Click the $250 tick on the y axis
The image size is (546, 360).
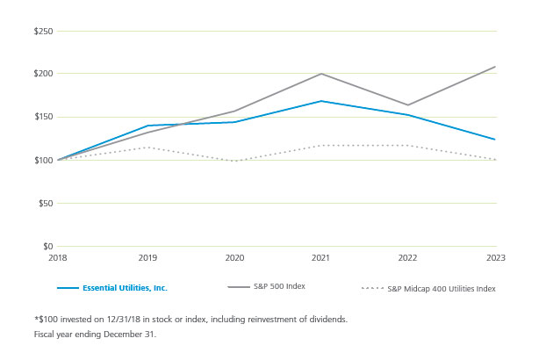[x=42, y=32]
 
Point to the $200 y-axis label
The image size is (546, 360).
[x=42, y=74]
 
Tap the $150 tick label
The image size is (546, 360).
[x=42, y=117]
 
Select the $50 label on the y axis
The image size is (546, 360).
[x=44, y=203]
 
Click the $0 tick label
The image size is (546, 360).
[x=47, y=247]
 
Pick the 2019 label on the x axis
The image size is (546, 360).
[x=147, y=259]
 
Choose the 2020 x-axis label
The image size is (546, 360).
[x=234, y=259]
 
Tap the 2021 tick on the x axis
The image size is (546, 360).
[x=321, y=259]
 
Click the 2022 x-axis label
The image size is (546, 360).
[x=408, y=259]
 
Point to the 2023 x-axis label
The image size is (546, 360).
[x=495, y=259]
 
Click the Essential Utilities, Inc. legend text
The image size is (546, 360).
[x=124, y=288]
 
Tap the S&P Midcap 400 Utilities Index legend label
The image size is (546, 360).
[x=442, y=288]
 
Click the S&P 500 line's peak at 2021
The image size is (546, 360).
[x=321, y=74]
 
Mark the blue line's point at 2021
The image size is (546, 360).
[x=321, y=101]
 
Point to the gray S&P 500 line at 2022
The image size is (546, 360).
[x=408, y=105]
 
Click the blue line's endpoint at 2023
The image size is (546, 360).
[x=495, y=140]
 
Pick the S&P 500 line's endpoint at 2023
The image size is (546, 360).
[x=495, y=67]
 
